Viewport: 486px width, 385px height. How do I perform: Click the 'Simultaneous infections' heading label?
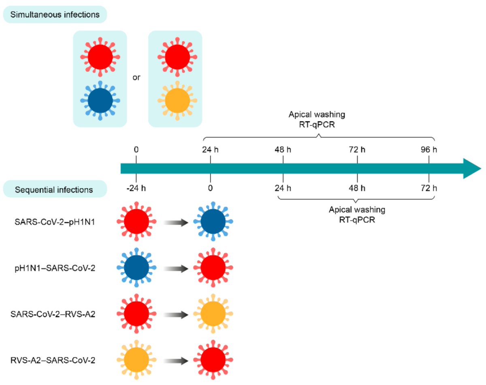tap(54, 15)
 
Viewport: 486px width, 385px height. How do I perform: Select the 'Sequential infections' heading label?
tap(54, 189)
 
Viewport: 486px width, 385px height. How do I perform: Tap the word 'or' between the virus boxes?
tap(137, 77)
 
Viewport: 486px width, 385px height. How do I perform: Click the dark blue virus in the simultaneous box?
tap(100, 100)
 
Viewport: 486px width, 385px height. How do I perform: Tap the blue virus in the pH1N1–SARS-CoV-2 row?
tap(136, 268)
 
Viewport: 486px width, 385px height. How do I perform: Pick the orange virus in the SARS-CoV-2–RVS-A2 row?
tap(212, 314)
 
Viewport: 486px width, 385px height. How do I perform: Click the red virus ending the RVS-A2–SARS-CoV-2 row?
tap(212, 360)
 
